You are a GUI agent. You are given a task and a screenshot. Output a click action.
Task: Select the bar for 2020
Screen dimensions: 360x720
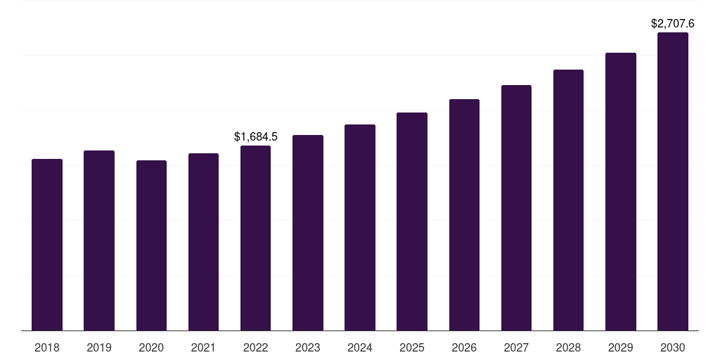point(151,245)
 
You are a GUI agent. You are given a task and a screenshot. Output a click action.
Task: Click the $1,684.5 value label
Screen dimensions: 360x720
point(256,136)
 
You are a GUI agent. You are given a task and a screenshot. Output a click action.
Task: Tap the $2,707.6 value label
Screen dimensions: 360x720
point(673,24)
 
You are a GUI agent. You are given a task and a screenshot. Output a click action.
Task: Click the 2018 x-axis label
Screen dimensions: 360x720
point(47,347)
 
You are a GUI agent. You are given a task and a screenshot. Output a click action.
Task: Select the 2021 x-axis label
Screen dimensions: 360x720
point(203,347)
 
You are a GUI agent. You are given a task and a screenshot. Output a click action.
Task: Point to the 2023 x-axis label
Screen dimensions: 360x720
point(308,347)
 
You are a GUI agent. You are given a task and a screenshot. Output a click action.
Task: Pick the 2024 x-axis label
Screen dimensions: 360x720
point(360,347)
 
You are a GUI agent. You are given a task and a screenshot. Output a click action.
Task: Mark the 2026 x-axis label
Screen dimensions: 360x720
point(464,347)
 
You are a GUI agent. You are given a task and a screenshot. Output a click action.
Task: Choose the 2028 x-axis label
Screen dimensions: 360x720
point(568,347)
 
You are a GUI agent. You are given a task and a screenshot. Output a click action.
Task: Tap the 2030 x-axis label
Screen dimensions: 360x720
point(673,347)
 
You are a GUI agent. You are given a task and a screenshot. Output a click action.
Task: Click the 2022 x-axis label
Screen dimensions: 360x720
point(255,347)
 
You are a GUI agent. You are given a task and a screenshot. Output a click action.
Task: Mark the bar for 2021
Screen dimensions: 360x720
point(203,242)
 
